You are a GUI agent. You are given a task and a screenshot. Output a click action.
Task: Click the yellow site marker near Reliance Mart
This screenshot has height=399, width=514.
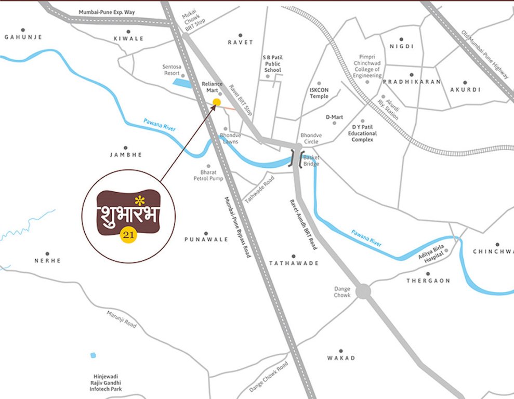(x=217, y=102)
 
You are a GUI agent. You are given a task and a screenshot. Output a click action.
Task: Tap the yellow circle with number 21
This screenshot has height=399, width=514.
(x=128, y=235)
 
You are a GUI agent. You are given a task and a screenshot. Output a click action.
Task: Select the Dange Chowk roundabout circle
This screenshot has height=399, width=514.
(x=363, y=291)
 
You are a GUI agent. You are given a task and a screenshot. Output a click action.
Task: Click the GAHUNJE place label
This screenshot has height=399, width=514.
(x=23, y=37)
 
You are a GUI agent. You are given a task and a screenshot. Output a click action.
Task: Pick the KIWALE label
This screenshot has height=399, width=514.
(x=128, y=38)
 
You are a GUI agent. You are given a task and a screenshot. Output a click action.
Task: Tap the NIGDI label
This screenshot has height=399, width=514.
(x=401, y=46)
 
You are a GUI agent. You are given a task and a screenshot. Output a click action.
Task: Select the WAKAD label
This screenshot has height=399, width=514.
(x=341, y=358)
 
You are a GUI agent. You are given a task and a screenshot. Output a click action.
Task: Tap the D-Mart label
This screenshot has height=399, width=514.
(x=334, y=117)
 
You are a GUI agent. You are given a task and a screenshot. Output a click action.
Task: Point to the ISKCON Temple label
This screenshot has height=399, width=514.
(x=319, y=92)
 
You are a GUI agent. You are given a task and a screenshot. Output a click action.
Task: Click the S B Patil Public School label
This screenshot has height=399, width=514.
(x=272, y=63)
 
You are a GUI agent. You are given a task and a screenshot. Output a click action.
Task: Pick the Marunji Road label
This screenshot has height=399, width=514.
(x=122, y=319)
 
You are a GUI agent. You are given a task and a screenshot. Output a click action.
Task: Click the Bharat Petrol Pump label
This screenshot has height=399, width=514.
(x=208, y=175)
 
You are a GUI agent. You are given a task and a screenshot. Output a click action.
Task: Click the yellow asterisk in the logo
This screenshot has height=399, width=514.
(x=138, y=200)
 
